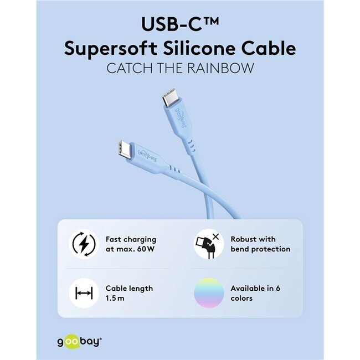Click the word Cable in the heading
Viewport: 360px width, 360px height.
270,48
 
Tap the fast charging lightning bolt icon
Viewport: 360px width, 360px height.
84,244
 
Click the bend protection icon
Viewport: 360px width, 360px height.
209,244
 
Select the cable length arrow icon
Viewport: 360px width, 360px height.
84,293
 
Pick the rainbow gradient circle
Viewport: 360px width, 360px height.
209,293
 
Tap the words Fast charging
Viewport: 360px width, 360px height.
131,239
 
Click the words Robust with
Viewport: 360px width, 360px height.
253,239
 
